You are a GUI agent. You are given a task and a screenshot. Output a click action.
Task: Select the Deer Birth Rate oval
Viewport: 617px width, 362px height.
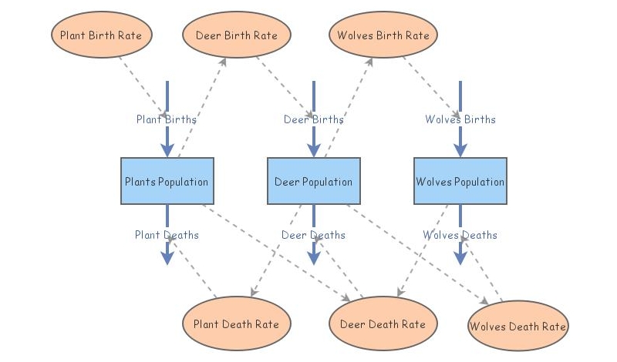(x=236, y=35)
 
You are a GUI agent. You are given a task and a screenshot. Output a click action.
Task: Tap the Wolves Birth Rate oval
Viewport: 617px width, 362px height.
(x=383, y=35)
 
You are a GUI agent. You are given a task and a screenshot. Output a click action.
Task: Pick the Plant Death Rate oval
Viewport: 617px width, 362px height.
(x=236, y=324)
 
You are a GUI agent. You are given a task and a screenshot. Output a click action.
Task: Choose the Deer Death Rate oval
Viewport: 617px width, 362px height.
(x=383, y=324)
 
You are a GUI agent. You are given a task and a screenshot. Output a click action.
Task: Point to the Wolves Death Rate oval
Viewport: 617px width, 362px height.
(x=518, y=327)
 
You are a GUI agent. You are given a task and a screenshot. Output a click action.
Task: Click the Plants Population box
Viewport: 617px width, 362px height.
(x=167, y=182)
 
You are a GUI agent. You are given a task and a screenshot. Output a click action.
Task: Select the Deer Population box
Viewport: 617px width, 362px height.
(x=313, y=182)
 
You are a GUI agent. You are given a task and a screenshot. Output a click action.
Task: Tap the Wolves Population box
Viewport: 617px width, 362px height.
(x=460, y=182)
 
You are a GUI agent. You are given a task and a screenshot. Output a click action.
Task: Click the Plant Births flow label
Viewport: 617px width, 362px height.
(x=167, y=119)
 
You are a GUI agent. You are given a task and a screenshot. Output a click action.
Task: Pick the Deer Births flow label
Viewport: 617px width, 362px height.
(x=313, y=119)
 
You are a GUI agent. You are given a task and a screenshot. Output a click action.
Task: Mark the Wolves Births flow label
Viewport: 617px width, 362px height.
(x=460, y=119)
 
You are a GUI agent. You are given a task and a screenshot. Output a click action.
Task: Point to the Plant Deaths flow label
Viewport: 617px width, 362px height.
(x=167, y=235)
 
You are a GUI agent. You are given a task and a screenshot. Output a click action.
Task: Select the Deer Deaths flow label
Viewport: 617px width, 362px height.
(x=313, y=235)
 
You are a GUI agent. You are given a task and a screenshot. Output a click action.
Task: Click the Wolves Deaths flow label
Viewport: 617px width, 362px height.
(x=460, y=235)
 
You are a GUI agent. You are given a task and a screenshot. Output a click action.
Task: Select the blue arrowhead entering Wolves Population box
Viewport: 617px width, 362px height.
(x=460, y=149)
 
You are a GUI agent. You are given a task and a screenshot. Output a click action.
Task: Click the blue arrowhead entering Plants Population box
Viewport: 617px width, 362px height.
(x=167, y=149)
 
